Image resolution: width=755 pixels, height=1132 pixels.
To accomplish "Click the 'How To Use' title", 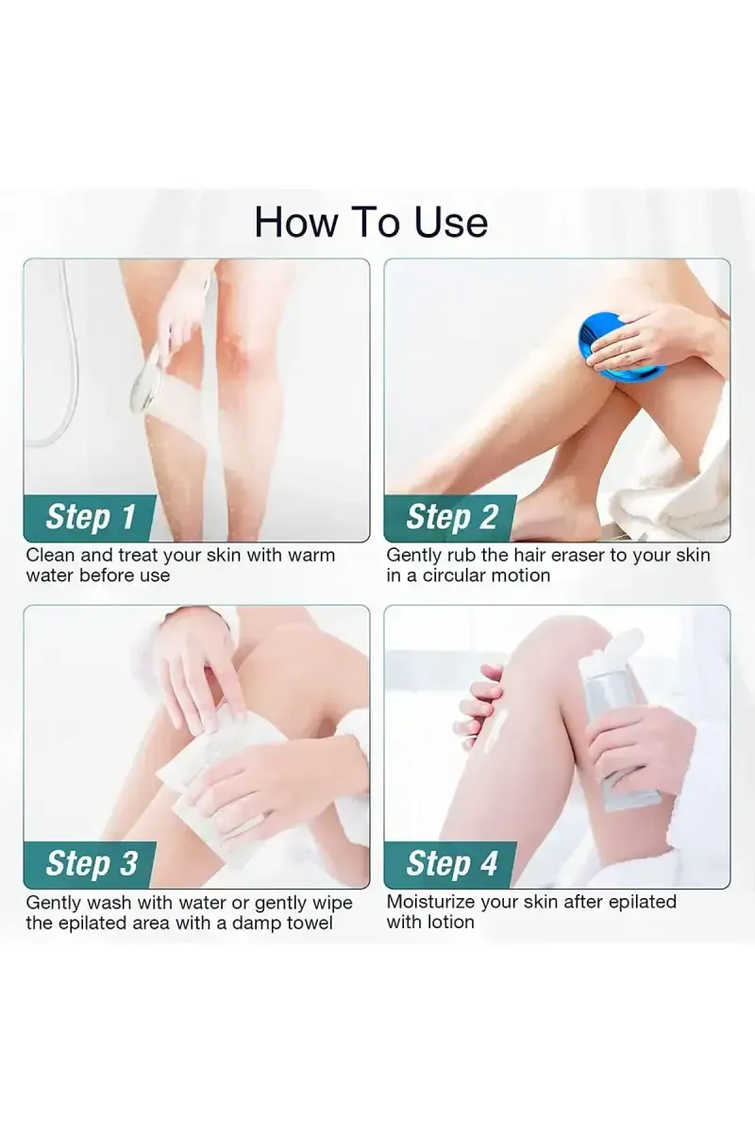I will pos(371,222).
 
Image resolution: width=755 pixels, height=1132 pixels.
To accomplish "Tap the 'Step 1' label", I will pos(91,517).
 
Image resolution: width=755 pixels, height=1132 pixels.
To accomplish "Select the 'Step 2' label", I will pos(451,517).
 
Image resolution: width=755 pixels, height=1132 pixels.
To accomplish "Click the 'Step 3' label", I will pos(91,864).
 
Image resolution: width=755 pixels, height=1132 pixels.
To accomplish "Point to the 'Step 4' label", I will pos(451,864).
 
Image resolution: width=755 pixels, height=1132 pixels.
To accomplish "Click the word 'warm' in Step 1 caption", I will pos(310,555).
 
